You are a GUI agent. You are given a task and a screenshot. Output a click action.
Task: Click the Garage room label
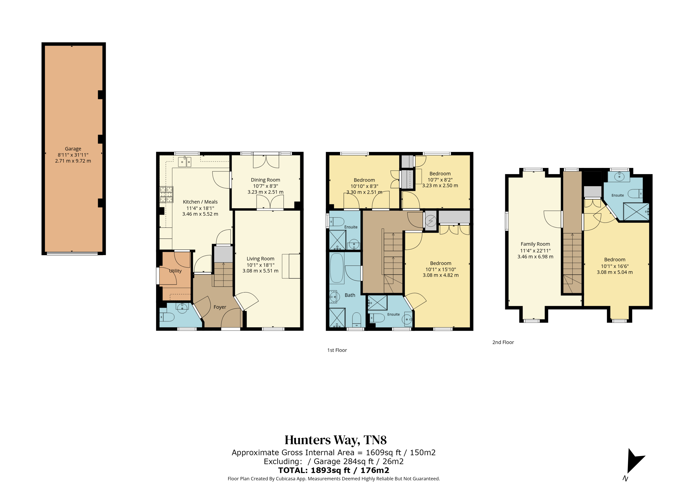[73, 149]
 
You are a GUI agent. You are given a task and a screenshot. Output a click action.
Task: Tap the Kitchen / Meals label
[200, 202]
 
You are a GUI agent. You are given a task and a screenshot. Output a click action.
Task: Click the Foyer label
[220, 307]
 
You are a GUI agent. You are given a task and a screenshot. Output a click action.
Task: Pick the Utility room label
[175, 271]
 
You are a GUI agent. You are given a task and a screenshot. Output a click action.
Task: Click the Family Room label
[535, 244]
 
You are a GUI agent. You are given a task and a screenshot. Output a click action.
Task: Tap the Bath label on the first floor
[350, 295]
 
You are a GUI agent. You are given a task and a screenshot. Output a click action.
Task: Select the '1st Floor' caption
[337, 350]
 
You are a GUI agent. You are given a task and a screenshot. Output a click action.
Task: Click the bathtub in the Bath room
[337, 268]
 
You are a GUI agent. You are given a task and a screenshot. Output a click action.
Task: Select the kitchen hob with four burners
[166, 194]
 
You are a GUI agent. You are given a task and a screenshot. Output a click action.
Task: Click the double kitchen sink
[185, 162]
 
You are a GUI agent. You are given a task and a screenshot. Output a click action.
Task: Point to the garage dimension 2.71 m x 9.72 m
[73, 161]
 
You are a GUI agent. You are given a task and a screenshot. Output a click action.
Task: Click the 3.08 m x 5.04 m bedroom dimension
[615, 272]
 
